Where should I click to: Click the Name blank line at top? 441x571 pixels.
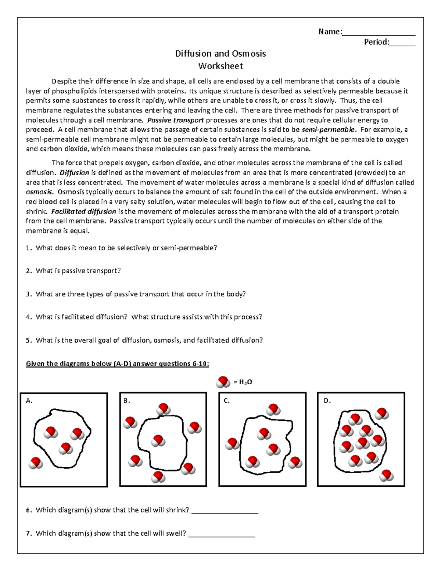379,34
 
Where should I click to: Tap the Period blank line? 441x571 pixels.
402,45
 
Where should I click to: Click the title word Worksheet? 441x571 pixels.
220,66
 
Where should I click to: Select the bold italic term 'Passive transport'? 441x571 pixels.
175,120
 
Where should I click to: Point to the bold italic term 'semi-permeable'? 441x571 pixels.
328,130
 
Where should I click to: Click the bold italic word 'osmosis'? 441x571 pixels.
40,192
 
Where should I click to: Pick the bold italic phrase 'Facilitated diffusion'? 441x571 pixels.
83,211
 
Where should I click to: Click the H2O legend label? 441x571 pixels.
243,382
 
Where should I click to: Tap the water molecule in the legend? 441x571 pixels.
223,382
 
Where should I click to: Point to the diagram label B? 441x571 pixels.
127,401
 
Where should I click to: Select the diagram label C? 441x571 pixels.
227,401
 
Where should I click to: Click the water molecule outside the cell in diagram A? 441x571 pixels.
36,463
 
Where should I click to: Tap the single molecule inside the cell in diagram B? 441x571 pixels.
158,440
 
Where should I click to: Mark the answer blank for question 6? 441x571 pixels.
225,512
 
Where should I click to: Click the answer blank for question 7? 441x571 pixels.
222,535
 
